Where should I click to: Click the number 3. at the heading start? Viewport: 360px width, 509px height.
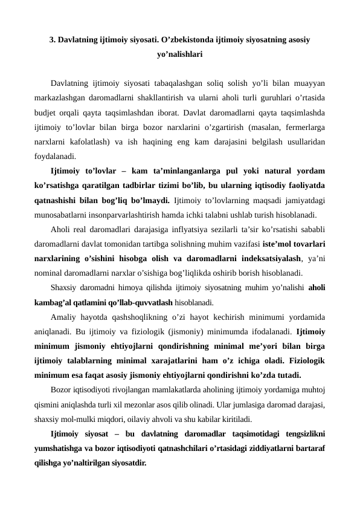pyautogui.click(x=53, y=41)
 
